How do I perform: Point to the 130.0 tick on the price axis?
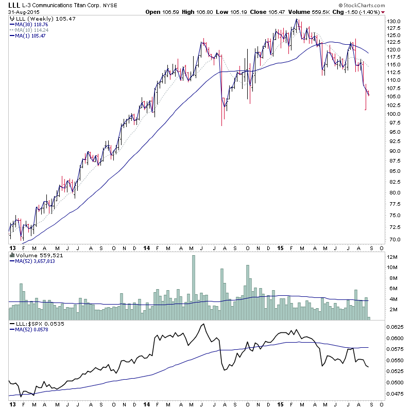[394, 21]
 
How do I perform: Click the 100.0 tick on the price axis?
[394, 114]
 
